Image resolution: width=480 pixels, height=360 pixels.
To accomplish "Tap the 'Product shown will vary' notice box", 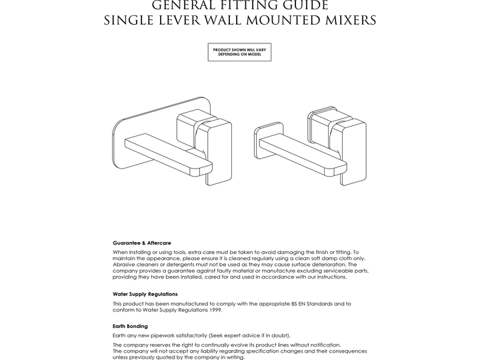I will [x=239, y=52].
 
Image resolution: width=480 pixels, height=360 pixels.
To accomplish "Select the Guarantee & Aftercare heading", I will [x=142, y=243].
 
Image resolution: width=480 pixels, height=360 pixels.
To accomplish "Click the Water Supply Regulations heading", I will [x=145, y=293].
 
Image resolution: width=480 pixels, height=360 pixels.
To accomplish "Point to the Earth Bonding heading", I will [x=131, y=326].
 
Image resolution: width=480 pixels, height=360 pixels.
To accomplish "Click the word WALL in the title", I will [x=215, y=21].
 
